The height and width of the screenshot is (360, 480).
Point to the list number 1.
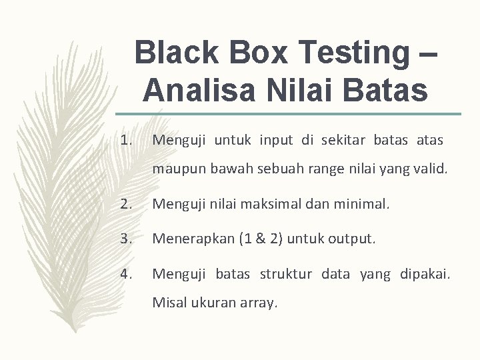click(x=128, y=141)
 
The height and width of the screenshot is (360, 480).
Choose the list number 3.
click(x=128, y=238)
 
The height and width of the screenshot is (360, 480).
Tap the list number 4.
click(x=128, y=273)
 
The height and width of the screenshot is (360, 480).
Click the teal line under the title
click(x=287, y=114)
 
